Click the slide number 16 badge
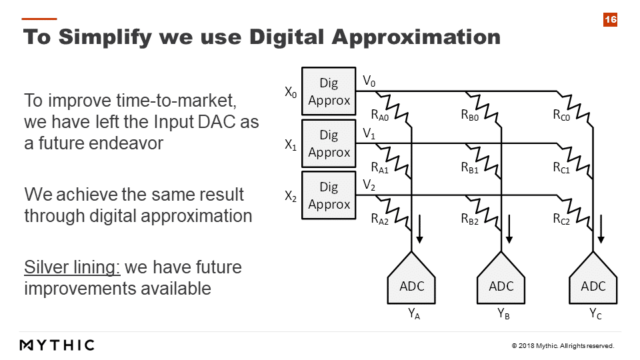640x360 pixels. click(x=610, y=19)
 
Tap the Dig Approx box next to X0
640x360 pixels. click(x=329, y=91)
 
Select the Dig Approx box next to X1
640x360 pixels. click(x=329, y=143)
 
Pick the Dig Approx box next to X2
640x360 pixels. click(x=329, y=195)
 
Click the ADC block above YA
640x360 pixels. click(x=411, y=279)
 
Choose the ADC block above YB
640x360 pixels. click(x=501, y=279)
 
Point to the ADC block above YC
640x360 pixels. click(x=593, y=279)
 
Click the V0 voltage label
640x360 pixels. click(x=369, y=81)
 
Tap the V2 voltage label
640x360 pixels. click(x=369, y=185)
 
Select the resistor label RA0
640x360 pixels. click(x=379, y=115)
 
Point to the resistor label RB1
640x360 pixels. click(x=470, y=168)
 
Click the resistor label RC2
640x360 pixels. click(x=561, y=219)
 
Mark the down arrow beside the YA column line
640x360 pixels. click(x=419, y=229)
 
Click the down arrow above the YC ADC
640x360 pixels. click(x=601, y=229)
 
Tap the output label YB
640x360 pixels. click(x=503, y=314)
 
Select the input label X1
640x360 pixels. click(x=291, y=145)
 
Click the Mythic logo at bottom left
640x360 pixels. click(x=57, y=345)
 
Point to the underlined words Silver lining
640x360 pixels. click(x=72, y=268)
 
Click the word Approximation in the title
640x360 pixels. click(x=416, y=37)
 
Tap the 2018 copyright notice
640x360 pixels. click(x=563, y=346)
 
